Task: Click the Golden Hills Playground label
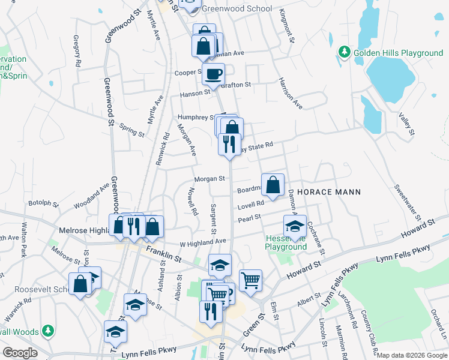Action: pos(398,53)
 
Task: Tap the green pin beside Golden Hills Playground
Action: pos(345,52)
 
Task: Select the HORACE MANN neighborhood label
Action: pos(329,192)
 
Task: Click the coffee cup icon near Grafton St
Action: pos(212,74)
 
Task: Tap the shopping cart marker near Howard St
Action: pos(250,279)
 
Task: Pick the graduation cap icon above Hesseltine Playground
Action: pos(295,226)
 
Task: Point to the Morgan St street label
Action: pos(209,178)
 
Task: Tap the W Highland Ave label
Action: pos(202,241)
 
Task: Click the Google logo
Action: pos(20,353)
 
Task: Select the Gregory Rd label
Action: pos(76,50)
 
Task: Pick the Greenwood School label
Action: pos(237,9)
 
